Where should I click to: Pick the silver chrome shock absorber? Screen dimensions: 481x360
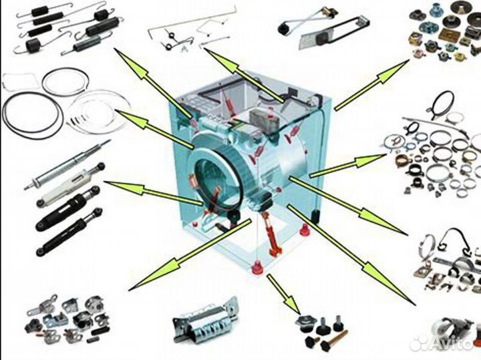(x=67, y=165)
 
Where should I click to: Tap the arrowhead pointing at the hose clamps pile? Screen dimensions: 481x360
(x=369, y=160)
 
